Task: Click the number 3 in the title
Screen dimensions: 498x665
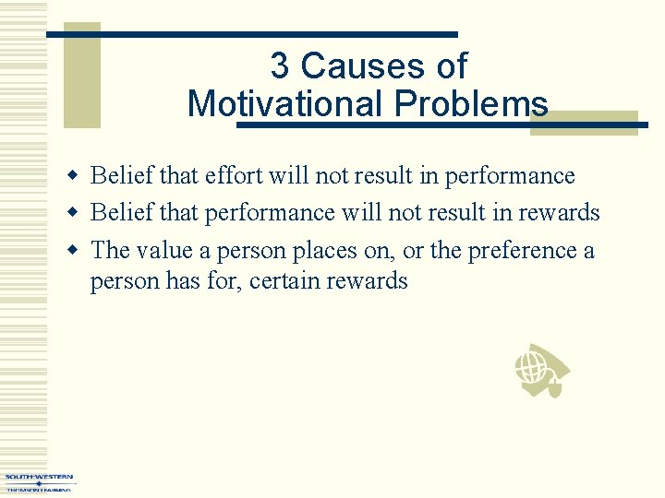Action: (280, 66)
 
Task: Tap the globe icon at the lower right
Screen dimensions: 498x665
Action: (540, 371)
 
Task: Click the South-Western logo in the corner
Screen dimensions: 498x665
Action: (38, 481)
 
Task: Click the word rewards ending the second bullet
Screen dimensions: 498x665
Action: (559, 213)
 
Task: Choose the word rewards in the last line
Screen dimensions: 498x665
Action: (369, 280)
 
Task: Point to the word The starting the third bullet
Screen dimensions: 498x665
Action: (110, 250)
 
